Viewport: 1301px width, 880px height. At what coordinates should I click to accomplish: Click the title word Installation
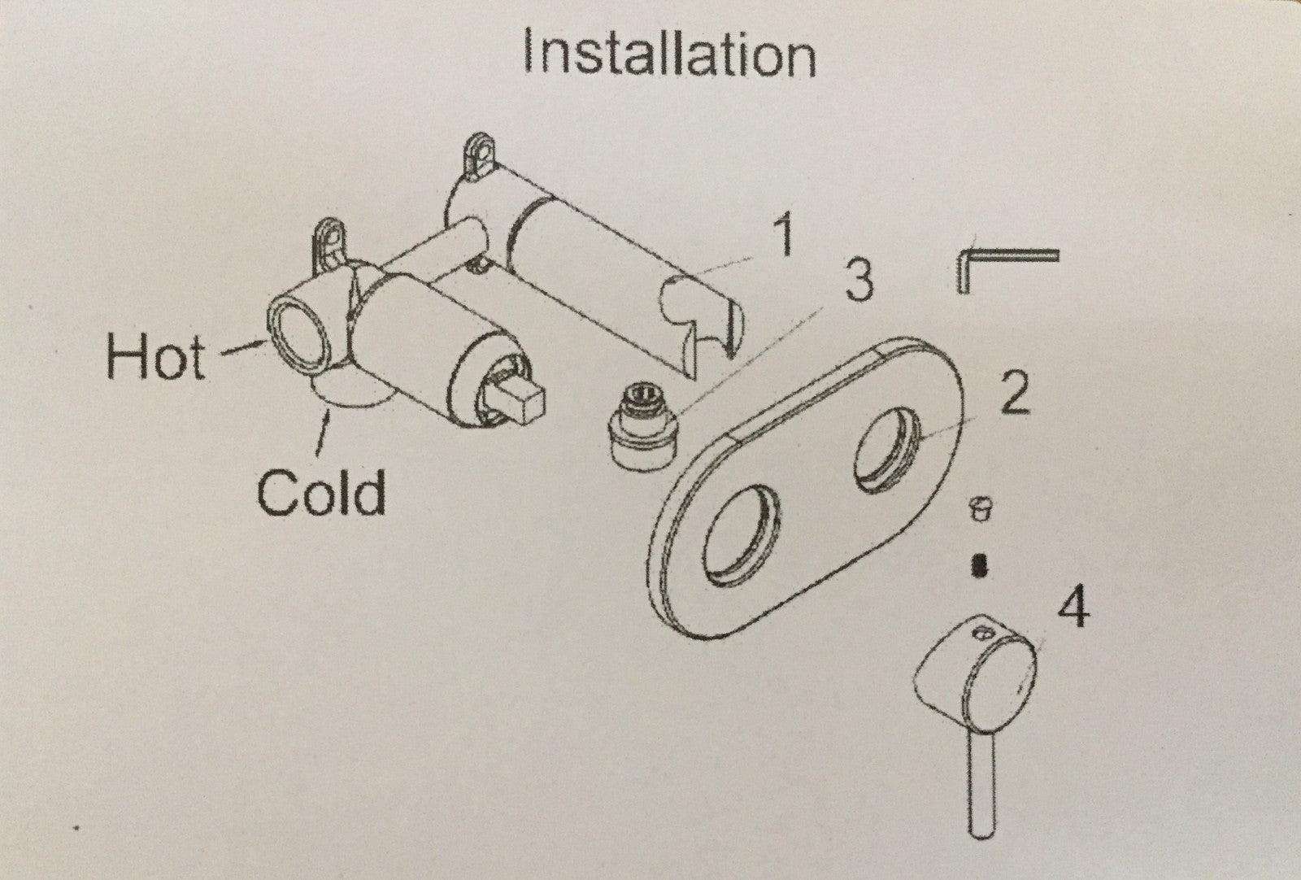pos(669,54)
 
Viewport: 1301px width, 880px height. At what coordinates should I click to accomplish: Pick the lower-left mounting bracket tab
pos(329,243)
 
